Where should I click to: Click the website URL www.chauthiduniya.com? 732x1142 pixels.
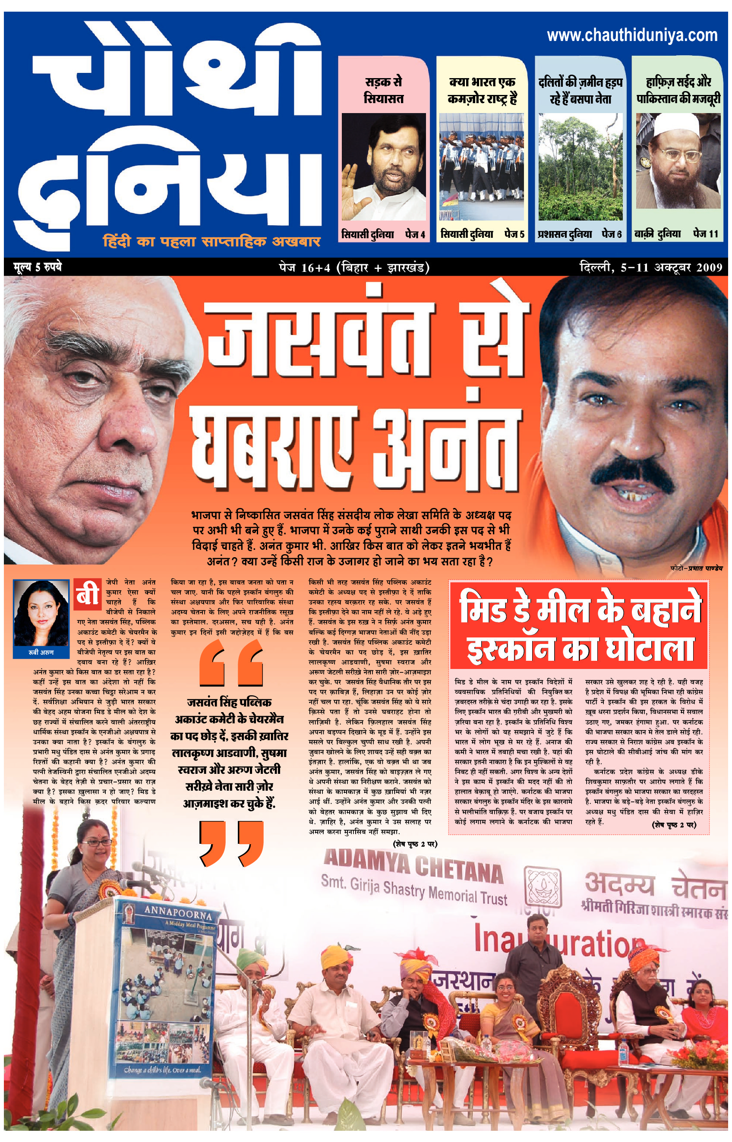click(x=632, y=35)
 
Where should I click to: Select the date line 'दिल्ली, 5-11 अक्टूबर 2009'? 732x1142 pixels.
click(x=651, y=268)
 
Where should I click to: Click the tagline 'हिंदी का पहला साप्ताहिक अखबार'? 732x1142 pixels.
click(x=211, y=241)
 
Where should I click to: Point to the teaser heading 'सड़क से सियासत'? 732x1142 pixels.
click(x=383, y=90)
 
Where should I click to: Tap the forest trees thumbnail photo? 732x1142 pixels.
click(x=580, y=166)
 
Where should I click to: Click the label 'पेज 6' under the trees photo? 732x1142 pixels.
click(x=612, y=234)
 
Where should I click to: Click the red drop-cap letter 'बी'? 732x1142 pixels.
click(x=88, y=593)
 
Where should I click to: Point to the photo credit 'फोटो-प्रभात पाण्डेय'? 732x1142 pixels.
click(x=696, y=568)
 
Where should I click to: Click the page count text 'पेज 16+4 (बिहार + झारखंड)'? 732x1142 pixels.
click(x=354, y=268)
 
